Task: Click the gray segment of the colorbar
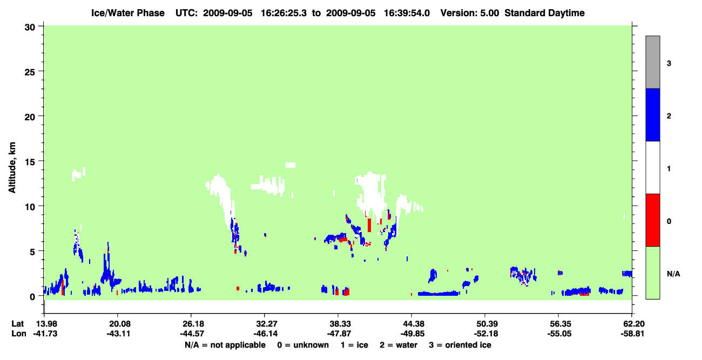[x=652, y=62]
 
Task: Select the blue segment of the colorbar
[x=652, y=114]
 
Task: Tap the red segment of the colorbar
[x=652, y=220]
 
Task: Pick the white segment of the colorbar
[x=652, y=167]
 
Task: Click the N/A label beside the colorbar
[x=673, y=274]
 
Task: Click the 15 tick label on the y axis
[x=30, y=161]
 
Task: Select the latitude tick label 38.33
[x=338, y=324]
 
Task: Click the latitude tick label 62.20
[x=632, y=324]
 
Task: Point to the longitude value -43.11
[x=118, y=334]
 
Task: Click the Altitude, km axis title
[x=12, y=167]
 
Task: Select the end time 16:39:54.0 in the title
[x=407, y=13]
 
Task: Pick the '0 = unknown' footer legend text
[x=303, y=345]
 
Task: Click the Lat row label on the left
[x=17, y=324]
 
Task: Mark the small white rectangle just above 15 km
[x=291, y=165]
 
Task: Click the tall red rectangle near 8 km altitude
[x=369, y=225]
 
